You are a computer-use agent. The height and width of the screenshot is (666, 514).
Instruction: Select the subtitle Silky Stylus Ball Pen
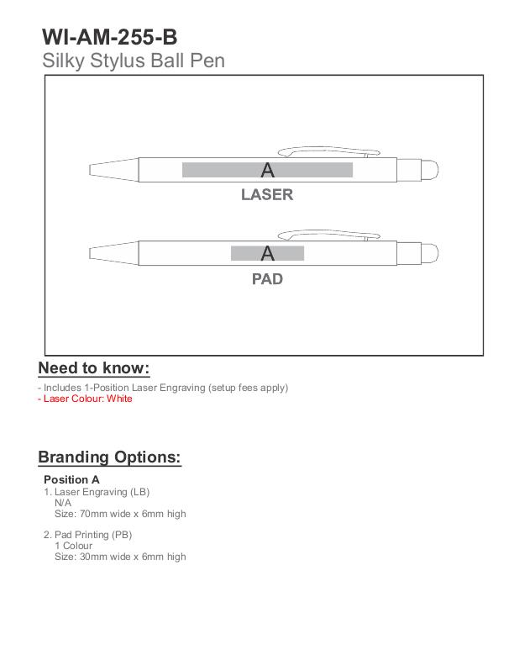[133, 61]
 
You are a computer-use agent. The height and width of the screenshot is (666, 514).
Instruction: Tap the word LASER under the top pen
[267, 195]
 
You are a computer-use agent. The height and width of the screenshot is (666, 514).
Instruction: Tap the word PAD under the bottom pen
[267, 278]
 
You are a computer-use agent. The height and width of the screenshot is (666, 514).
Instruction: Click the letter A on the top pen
[267, 171]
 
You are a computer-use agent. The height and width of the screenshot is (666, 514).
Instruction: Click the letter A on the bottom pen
[267, 253]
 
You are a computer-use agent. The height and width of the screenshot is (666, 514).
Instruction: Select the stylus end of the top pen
[429, 169]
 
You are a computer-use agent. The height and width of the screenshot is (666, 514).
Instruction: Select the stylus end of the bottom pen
[429, 252]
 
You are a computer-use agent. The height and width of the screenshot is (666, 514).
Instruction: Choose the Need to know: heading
[94, 369]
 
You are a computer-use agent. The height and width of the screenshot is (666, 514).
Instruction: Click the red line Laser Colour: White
[87, 399]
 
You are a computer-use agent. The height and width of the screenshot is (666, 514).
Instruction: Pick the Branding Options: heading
[109, 457]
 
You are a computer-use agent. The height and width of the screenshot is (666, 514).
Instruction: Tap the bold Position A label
[72, 479]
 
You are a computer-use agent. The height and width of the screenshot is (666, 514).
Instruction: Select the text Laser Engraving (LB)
[102, 491]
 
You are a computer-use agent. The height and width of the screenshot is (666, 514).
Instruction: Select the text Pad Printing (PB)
[93, 534]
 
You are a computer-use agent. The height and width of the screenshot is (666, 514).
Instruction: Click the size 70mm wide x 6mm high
[120, 513]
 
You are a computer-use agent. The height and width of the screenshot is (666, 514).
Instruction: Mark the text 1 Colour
[74, 545]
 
